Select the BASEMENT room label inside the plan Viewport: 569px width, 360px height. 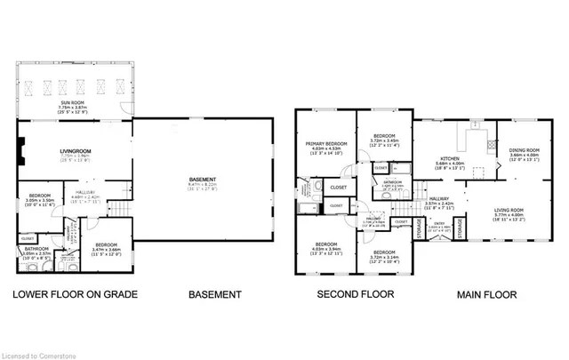208,179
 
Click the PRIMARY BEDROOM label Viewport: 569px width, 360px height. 326,143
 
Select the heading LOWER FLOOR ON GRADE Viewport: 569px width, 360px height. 74,294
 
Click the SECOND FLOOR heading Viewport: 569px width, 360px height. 349,294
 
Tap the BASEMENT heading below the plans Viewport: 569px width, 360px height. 214,294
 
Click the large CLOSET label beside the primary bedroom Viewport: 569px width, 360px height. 339,188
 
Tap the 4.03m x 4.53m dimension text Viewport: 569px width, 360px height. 326,149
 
